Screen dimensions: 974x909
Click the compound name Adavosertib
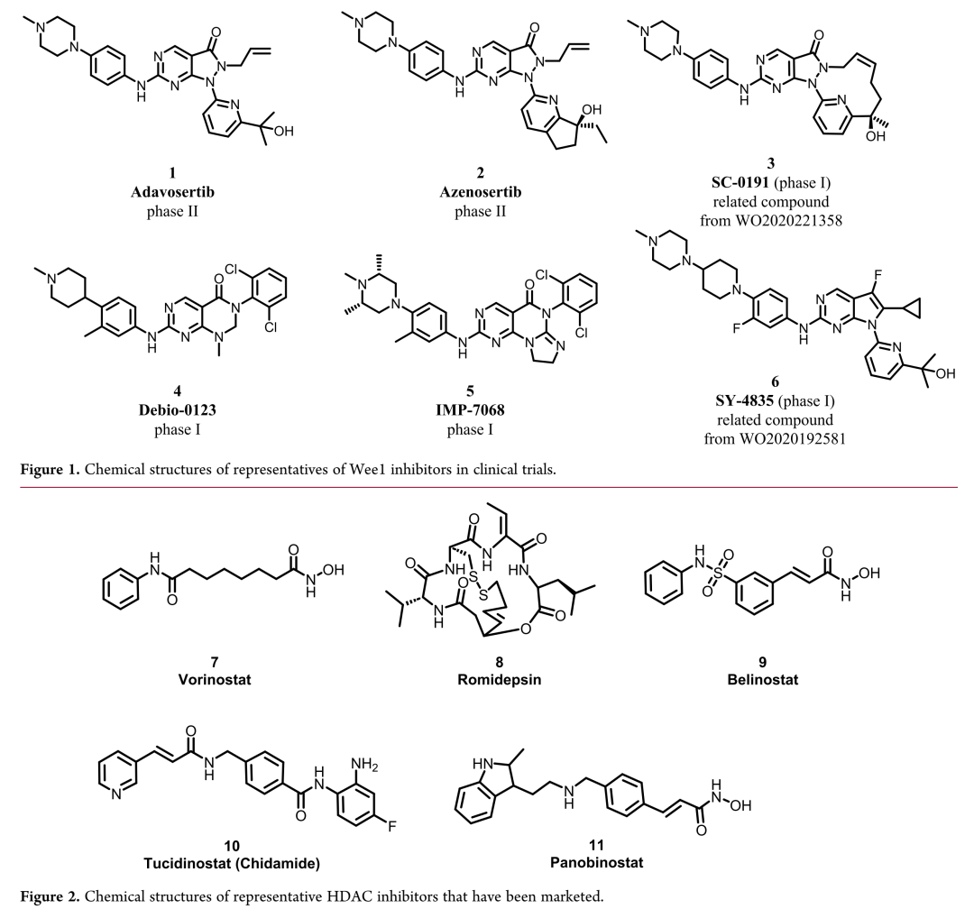pyautogui.click(x=172, y=192)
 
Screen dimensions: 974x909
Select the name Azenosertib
pyautogui.click(x=480, y=192)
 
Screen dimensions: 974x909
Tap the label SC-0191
pyautogui.click(x=740, y=183)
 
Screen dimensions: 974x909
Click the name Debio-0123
pyautogui.click(x=177, y=410)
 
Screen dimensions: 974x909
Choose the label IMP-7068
pyautogui.click(x=470, y=410)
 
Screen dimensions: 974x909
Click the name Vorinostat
pyautogui.click(x=215, y=679)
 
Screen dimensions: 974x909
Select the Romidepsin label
pyautogui.click(x=500, y=679)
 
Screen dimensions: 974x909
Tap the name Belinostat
pyautogui.click(x=763, y=679)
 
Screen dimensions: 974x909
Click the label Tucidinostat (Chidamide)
pyautogui.click(x=232, y=863)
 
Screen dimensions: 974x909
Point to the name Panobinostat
pyautogui.click(x=596, y=862)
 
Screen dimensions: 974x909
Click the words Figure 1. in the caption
pyautogui.click(x=50, y=469)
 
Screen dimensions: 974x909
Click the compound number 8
pyautogui.click(x=500, y=662)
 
